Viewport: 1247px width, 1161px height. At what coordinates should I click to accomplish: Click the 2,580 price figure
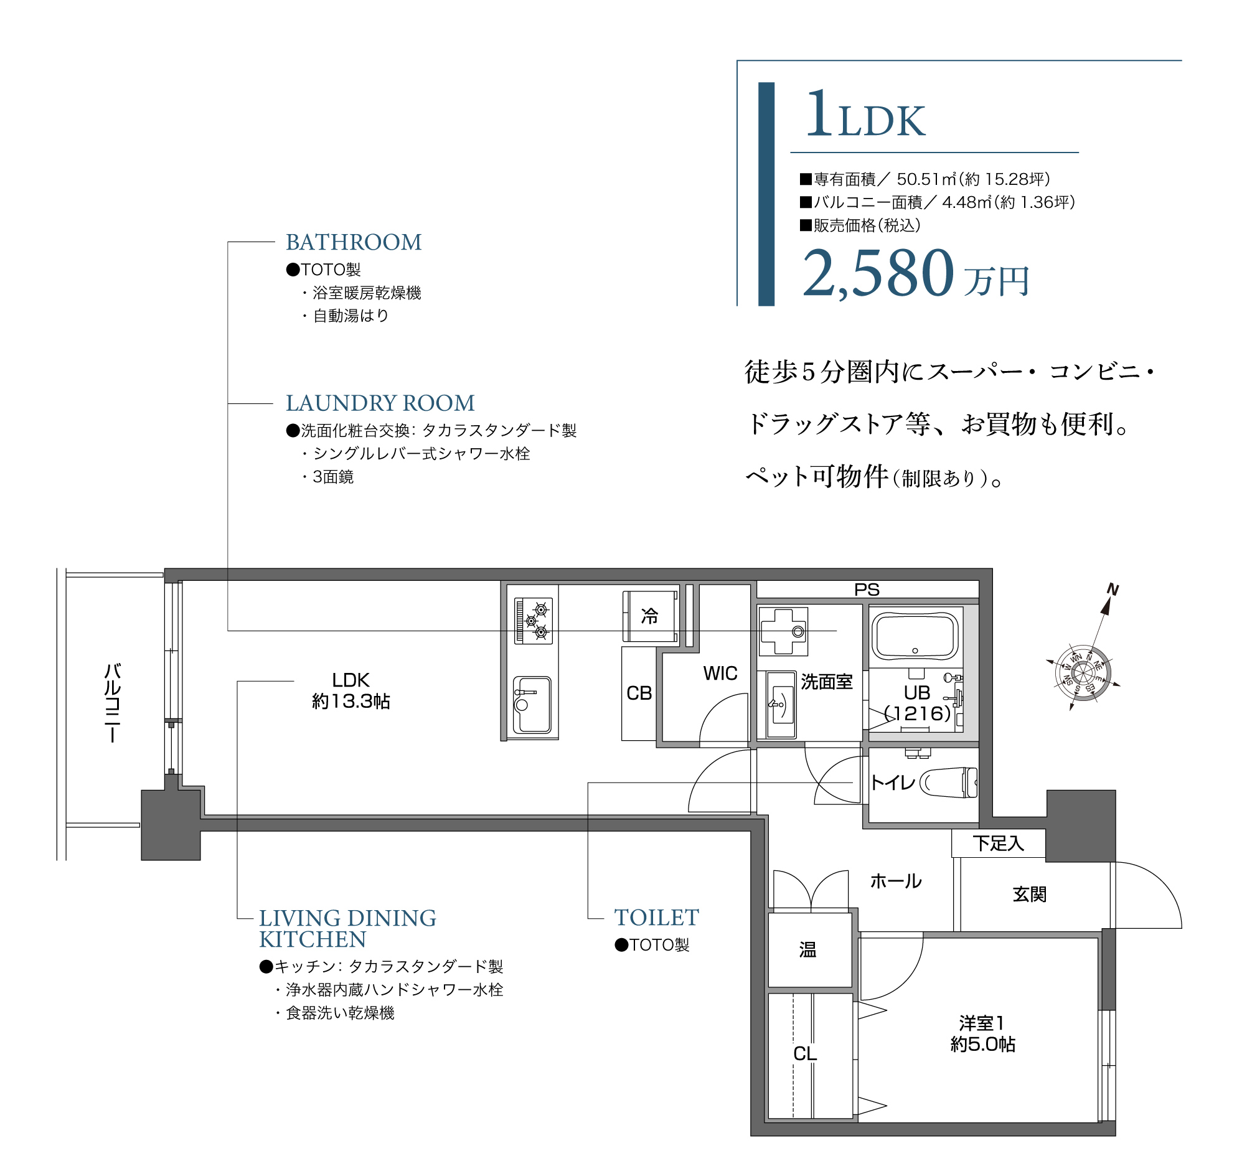(878, 273)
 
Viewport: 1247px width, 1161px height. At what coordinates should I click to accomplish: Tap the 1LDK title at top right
(865, 116)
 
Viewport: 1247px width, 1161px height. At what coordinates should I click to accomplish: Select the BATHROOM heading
(354, 242)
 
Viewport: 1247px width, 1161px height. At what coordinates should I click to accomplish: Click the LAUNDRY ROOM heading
(380, 403)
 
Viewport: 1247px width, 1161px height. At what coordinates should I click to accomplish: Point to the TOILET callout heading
(656, 918)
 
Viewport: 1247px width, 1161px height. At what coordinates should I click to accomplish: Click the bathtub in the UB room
(915, 636)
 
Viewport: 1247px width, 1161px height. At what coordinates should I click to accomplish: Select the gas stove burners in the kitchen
(534, 620)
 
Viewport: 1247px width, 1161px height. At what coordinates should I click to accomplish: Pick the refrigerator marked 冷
(650, 616)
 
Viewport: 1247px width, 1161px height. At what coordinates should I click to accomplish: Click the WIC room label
(720, 674)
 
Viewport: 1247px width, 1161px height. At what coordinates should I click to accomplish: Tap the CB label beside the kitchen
(639, 693)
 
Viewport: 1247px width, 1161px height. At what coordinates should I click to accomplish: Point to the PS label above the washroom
(867, 590)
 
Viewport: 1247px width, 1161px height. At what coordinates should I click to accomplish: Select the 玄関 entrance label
(1029, 895)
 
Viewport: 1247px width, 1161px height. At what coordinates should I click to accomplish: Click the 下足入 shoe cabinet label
(998, 844)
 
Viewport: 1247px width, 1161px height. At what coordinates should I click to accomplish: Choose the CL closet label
(805, 1054)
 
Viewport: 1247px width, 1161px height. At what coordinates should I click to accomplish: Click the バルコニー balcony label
(112, 702)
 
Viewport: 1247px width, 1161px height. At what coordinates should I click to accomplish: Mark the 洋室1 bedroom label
(982, 1023)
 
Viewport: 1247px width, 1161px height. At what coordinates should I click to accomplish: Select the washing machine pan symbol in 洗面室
(783, 632)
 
